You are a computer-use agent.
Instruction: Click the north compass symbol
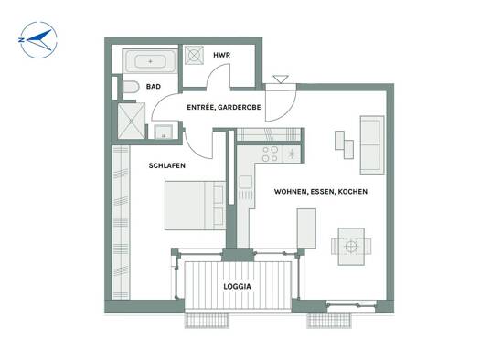pos(38,40)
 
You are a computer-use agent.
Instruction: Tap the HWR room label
pos(221,56)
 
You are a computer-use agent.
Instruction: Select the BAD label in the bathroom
pos(154,87)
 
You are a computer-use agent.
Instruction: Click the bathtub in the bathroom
pos(150,61)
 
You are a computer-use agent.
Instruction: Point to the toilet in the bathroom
pos(131,87)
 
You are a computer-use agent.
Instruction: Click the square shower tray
pos(132,121)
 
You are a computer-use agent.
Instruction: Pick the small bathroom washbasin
pos(163,132)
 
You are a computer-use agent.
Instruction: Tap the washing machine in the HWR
pos(194,56)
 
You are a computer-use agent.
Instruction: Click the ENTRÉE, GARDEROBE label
pos(224,107)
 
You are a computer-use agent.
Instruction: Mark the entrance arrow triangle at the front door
pos(281,79)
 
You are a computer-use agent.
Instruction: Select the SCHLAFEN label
pos(166,165)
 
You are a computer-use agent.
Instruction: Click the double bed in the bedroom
pos(196,206)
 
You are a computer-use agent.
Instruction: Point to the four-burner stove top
pos(271,154)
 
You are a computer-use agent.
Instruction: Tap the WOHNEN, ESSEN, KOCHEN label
pos(321,192)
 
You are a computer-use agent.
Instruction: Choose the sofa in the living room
pos(372,145)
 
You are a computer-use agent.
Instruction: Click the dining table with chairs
pos(351,247)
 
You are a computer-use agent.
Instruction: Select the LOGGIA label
pos(237,287)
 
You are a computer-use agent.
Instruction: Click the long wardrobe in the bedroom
pos(122,222)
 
